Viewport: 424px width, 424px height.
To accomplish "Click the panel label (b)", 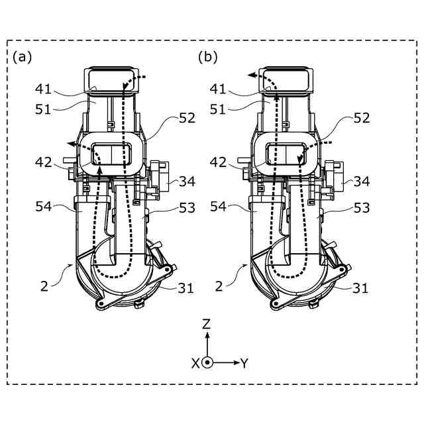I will (207, 58).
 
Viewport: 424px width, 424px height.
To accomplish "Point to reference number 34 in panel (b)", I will (362, 181).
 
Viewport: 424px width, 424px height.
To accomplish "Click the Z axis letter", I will (207, 325).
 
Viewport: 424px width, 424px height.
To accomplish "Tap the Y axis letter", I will (244, 363).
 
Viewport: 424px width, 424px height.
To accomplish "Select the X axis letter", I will (195, 364).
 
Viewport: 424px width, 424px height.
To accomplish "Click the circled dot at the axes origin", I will (207, 363).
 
